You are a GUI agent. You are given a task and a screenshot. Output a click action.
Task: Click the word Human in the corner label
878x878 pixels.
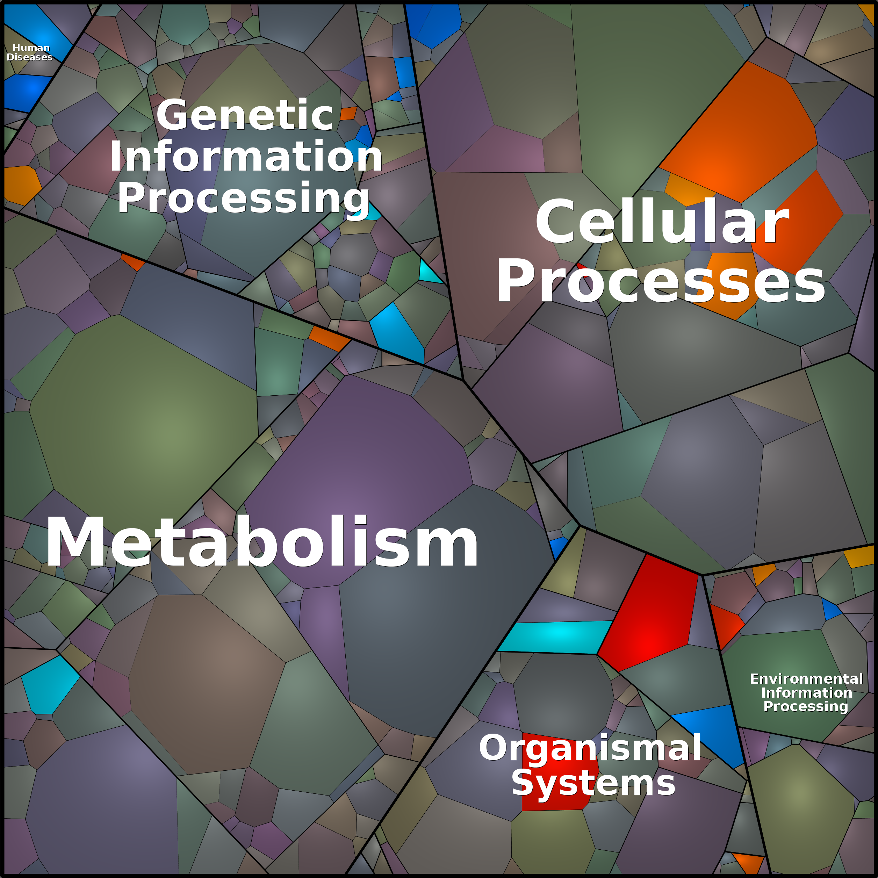tap(31, 48)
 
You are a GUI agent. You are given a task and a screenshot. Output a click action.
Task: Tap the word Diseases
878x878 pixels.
tap(30, 57)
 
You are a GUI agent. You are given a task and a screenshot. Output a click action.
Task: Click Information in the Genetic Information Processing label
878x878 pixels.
tap(246, 157)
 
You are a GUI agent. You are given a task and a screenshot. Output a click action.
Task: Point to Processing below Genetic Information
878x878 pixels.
tap(244, 198)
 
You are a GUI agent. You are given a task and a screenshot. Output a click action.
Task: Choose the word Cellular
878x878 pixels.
tap(662, 223)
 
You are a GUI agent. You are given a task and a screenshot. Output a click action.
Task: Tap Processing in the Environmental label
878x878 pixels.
tap(805, 706)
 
